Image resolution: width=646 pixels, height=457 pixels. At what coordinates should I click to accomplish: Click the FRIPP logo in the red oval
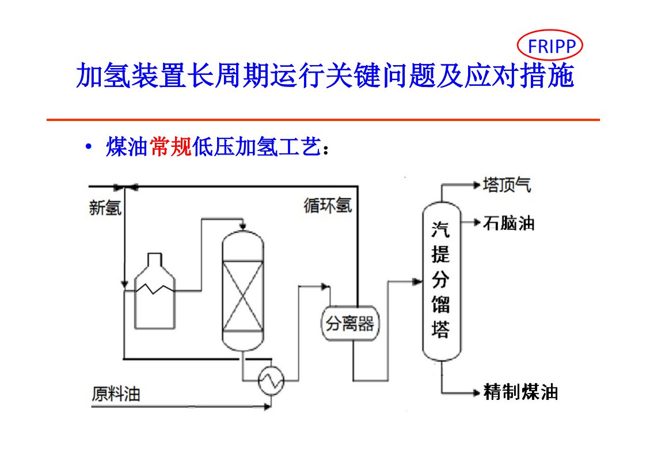point(550,46)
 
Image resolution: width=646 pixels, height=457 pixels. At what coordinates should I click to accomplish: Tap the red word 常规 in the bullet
point(170,148)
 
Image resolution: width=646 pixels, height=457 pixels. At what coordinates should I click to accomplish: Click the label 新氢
point(105,207)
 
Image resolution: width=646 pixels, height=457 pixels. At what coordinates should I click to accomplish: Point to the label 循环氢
point(328,206)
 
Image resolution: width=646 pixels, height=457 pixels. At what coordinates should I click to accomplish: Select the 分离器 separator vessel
point(350,324)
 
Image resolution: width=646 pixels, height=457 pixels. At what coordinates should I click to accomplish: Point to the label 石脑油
point(508,223)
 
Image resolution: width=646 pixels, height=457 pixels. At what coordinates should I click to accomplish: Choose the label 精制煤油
point(520,393)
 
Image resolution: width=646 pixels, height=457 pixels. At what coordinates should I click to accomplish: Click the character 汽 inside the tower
point(441,230)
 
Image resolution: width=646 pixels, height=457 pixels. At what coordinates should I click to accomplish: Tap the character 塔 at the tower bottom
point(441,330)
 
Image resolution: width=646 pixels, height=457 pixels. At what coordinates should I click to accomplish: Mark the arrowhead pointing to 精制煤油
point(476,393)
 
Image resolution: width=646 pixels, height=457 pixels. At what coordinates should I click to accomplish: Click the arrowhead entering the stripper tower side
point(417,281)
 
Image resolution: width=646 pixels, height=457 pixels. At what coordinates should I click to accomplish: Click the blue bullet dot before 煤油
point(88,148)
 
